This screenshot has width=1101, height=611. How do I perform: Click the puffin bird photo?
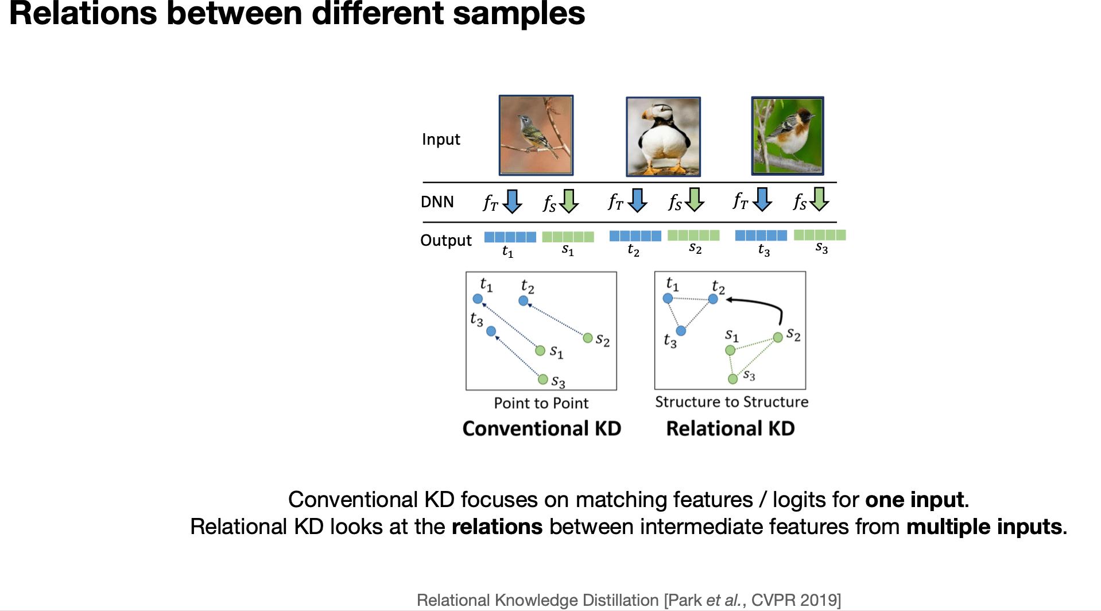[x=663, y=137]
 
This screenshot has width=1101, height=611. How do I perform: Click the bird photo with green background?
[x=788, y=136]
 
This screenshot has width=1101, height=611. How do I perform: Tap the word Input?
[x=441, y=140]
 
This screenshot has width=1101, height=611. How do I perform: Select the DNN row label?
[x=437, y=202]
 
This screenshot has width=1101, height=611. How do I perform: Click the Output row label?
[x=445, y=240]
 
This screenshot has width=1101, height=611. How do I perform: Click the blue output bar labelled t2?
[x=635, y=236]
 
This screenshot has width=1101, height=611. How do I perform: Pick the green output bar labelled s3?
[x=819, y=235]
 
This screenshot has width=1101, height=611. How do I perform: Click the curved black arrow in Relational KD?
[x=763, y=305]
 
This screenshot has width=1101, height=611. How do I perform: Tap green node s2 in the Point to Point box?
[x=588, y=338]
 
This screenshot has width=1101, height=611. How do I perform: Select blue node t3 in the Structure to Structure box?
[x=681, y=331]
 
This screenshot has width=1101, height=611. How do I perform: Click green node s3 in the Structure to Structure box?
[x=732, y=379]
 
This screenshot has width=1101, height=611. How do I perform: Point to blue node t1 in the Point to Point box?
[x=478, y=299]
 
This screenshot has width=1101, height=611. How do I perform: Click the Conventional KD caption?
[x=541, y=428]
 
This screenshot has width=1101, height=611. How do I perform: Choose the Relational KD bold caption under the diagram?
[x=730, y=428]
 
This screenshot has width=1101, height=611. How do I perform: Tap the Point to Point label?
[x=541, y=403]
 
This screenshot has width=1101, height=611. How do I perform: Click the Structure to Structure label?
[x=731, y=402]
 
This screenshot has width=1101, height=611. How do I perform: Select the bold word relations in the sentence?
[x=497, y=527]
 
